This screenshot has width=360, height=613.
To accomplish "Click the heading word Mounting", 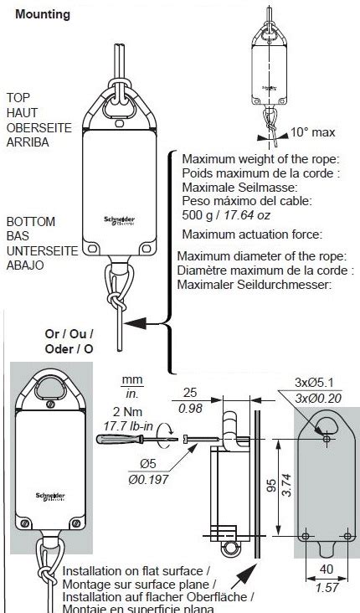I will [43, 14].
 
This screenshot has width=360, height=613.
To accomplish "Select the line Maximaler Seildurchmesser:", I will [255, 285].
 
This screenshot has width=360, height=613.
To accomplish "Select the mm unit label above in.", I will [131, 379].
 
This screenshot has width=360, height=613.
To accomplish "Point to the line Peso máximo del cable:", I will [247, 202].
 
